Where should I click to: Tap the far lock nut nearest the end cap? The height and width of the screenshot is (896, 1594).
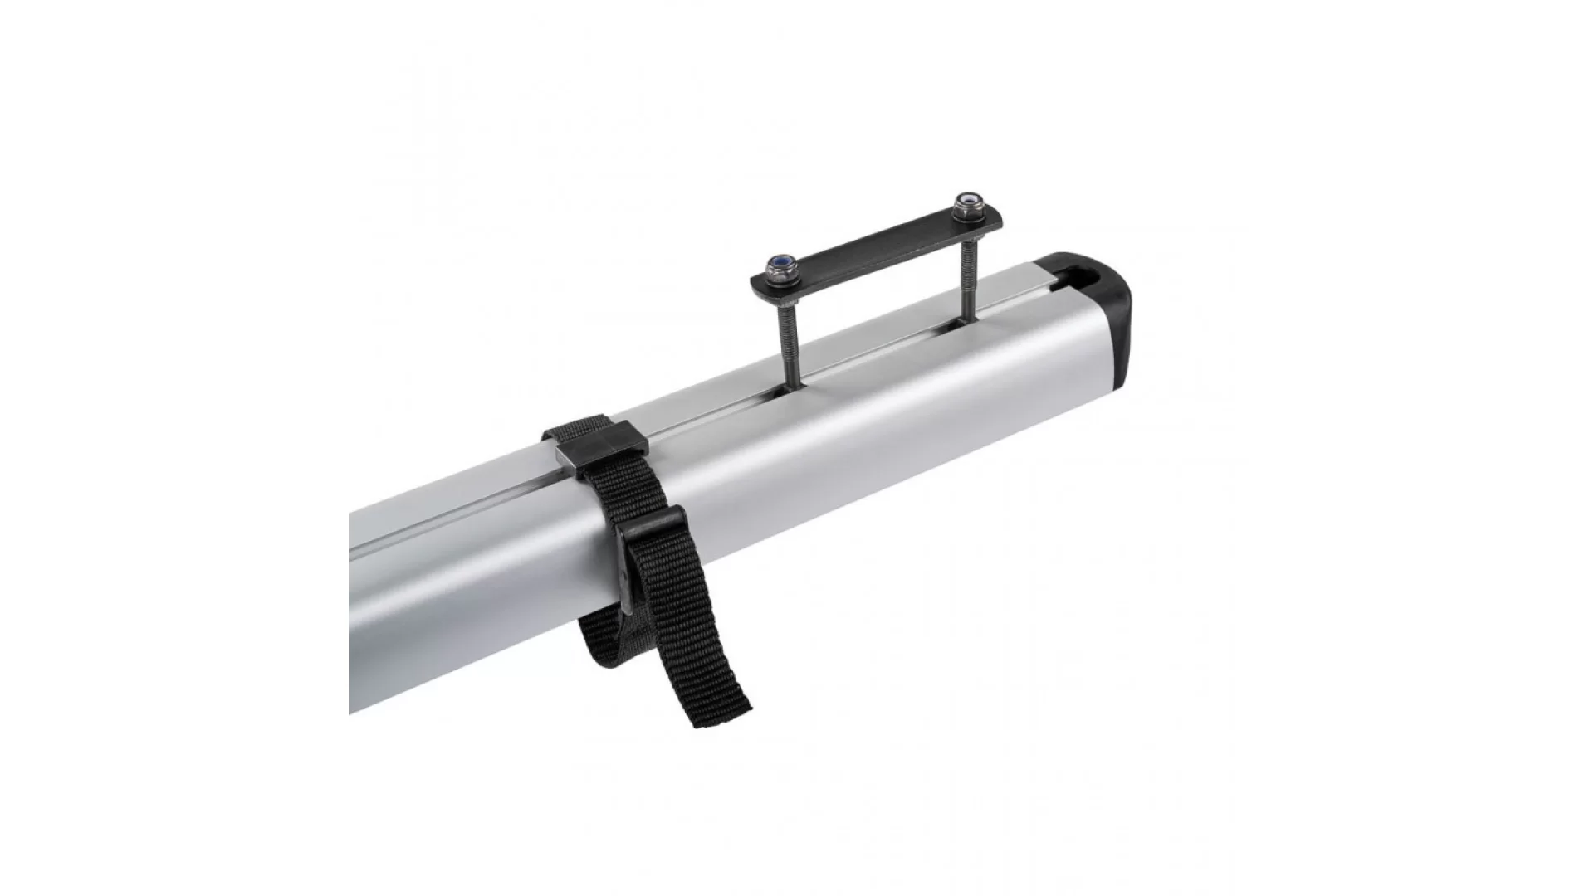point(966,202)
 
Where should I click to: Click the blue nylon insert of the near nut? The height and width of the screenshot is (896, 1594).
point(781,260)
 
